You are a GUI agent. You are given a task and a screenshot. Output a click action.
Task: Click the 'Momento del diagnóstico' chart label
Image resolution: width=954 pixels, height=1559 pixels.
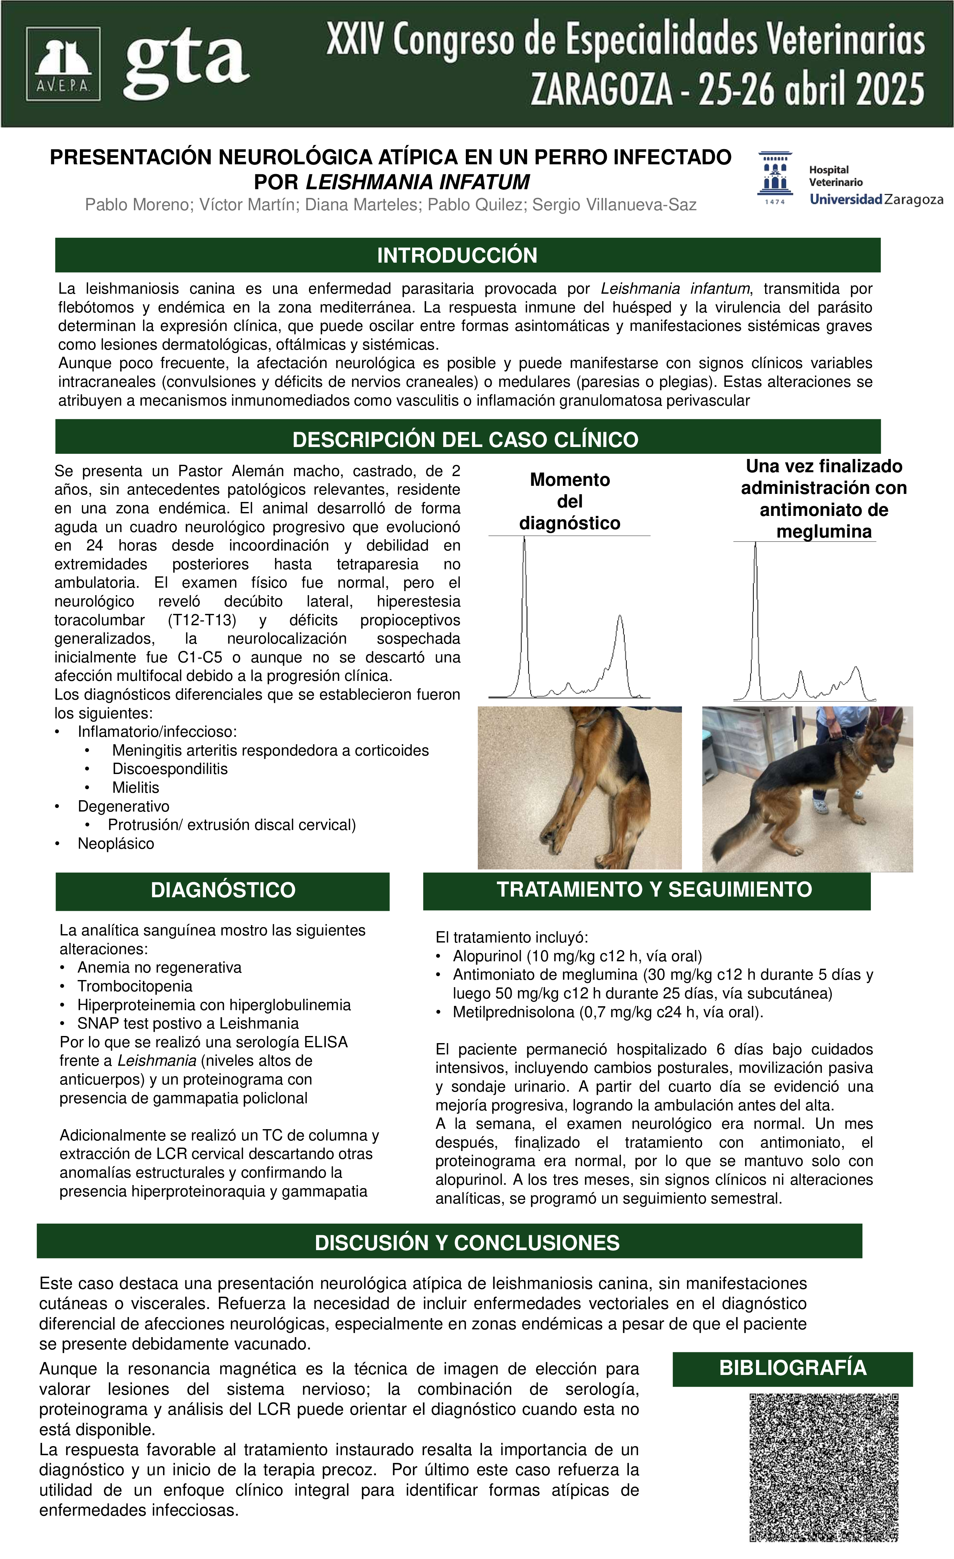click(x=569, y=501)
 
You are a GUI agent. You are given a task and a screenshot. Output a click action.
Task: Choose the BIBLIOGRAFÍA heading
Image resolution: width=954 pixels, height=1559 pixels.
click(x=793, y=1368)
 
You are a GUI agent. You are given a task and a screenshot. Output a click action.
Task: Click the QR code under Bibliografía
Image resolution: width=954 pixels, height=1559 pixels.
click(x=824, y=1466)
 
